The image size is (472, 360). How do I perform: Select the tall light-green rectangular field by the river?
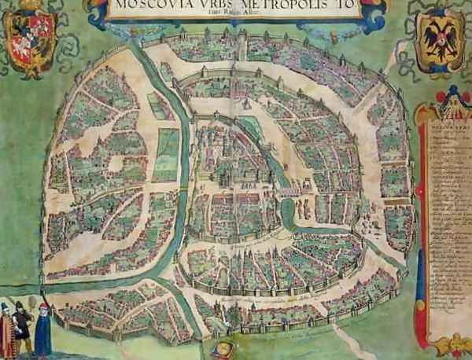tap(166, 154)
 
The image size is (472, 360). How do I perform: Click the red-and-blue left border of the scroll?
tap(421, 228)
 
